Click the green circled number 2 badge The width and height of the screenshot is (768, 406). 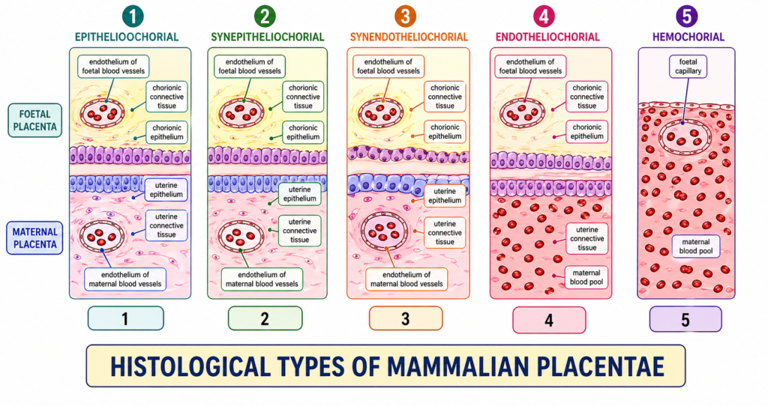point(265,16)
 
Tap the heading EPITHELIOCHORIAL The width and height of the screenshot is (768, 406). point(125,37)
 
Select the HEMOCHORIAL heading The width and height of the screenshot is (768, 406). point(688,37)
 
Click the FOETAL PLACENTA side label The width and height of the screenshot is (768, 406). point(35,120)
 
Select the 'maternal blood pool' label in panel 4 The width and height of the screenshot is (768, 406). point(587,277)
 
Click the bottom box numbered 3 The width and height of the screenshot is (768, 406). point(406,319)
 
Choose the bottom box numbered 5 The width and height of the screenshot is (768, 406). point(685,319)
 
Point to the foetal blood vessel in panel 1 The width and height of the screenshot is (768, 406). point(103,111)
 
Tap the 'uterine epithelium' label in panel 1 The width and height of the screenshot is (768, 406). point(166,190)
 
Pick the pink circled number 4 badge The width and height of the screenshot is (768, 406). point(545,16)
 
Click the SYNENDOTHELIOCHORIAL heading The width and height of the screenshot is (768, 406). point(409,37)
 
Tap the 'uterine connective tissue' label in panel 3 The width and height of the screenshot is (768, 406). point(445,232)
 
